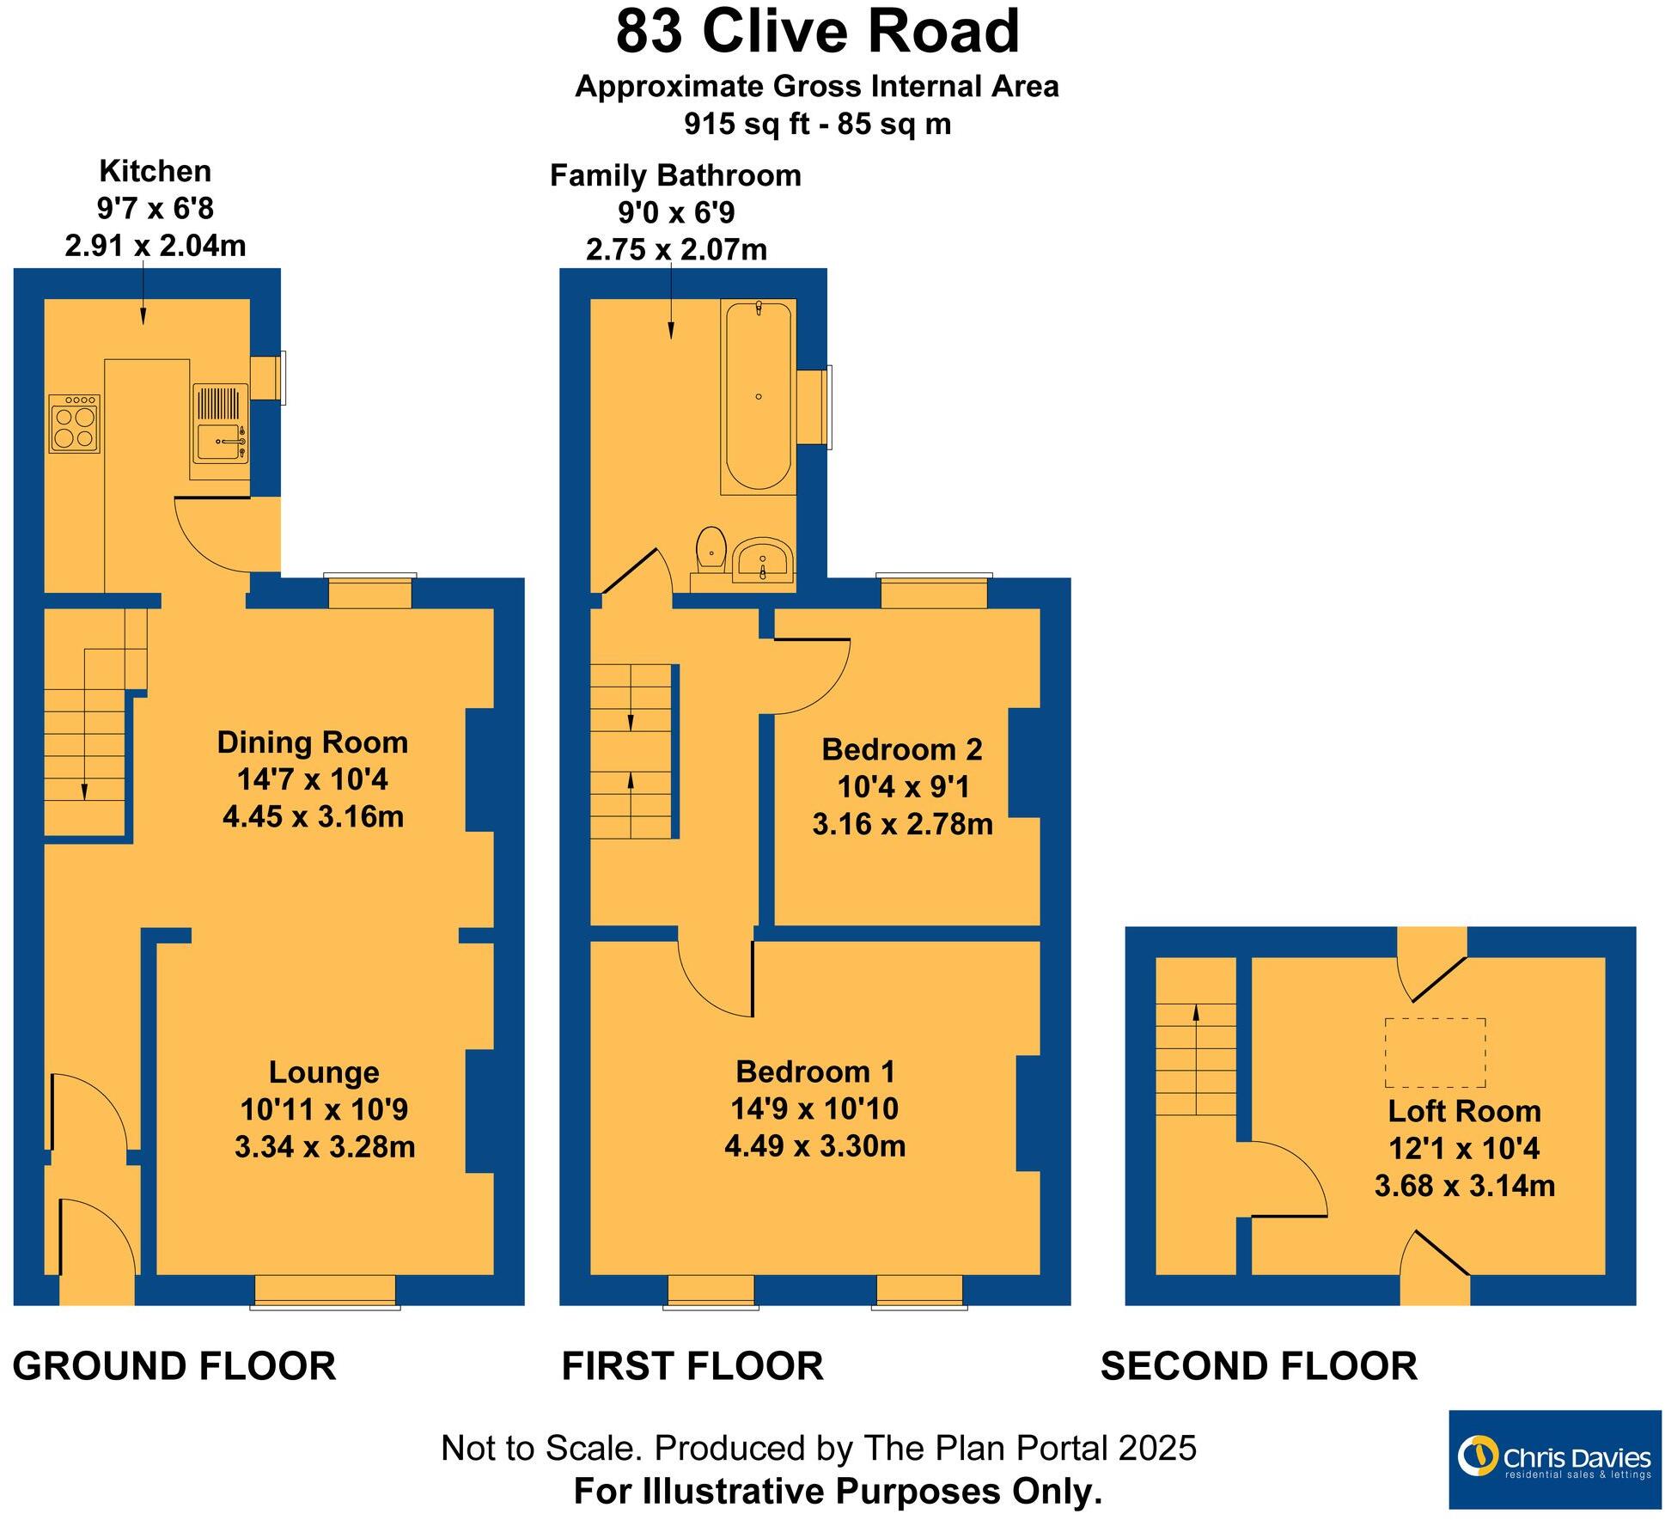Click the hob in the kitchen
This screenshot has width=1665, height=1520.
(74, 424)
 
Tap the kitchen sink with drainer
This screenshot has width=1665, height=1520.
(221, 423)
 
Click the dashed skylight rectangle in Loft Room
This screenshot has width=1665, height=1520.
(1435, 1053)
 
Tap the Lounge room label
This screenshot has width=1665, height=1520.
(324, 1072)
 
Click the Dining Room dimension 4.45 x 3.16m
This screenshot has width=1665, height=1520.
(313, 816)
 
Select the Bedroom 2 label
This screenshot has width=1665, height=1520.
(901, 749)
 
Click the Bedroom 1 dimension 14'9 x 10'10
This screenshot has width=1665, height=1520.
(814, 1108)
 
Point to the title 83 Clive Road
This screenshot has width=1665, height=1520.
(817, 33)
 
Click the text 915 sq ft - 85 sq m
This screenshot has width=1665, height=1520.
(817, 125)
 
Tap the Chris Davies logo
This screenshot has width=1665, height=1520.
(1554, 1460)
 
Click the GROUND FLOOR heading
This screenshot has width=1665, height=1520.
(174, 1366)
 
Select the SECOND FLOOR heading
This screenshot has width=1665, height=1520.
(1259, 1366)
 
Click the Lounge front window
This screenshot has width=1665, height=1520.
(325, 1291)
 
